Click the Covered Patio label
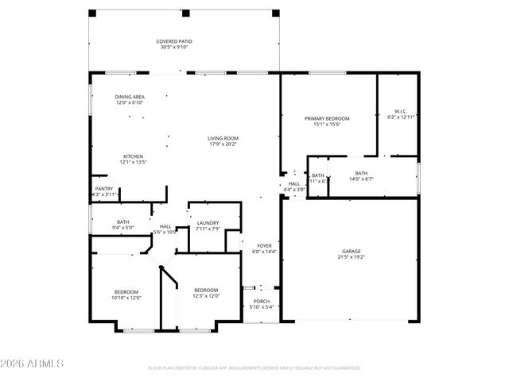(173, 41)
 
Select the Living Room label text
(223, 138)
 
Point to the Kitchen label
(133, 156)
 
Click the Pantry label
(104, 189)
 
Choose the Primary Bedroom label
(327, 118)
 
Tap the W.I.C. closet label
(401, 111)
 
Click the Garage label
(351, 252)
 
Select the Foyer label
(263, 245)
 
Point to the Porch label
(261, 302)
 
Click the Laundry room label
(208, 223)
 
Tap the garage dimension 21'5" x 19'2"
(351, 257)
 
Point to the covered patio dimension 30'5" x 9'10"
(173, 47)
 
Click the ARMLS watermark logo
(32, 363)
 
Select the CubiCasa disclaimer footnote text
(254, 368)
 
